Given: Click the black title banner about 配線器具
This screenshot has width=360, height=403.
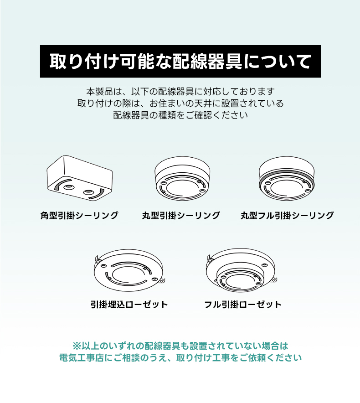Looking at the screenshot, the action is (180, 62).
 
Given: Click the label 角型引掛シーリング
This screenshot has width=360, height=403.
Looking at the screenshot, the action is (79, 215).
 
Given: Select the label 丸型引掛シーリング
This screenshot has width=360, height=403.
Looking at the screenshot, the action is (181, 215).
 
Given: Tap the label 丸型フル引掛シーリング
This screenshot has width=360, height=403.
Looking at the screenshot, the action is (287, 215).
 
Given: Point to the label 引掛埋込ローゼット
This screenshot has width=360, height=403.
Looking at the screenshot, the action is (129, 305).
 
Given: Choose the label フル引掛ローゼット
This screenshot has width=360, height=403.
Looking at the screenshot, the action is (243, 305).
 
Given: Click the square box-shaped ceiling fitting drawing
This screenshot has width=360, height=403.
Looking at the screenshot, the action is (80, 178).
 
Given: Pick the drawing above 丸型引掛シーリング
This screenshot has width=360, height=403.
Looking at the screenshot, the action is (182, 178).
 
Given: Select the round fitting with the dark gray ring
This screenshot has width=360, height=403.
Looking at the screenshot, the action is (287, 178).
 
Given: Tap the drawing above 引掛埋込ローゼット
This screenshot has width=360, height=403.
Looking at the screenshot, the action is (129, 270).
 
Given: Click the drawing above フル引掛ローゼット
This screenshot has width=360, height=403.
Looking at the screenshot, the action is (242, 270).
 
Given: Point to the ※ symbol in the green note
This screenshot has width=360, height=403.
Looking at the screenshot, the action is (77, 346).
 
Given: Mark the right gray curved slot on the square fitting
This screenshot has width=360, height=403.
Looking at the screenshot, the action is (99, 195).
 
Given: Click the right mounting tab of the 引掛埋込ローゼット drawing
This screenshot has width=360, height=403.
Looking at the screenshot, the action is (162, 281).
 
